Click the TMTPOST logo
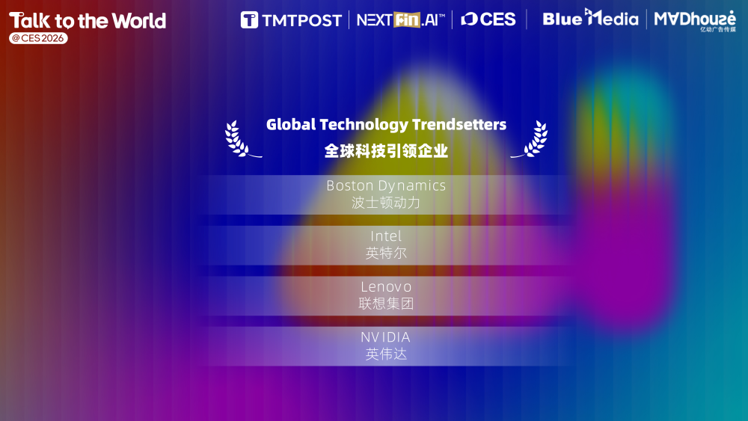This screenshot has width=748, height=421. coord(291,19)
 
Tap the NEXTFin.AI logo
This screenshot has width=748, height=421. coord(400,19)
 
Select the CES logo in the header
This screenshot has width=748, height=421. coord(488,19)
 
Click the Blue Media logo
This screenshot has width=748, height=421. coord(590,18)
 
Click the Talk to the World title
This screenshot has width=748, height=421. coord(87,20)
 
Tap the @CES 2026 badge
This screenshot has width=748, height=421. coord(38,38)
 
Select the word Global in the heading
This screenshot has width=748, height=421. coord(291,124)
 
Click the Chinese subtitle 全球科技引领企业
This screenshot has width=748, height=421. coord(386,150)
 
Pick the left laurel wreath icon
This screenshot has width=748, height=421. coord(239,139)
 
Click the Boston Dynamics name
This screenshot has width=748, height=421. coord(386,185)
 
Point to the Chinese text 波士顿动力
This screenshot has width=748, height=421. coord(386,203)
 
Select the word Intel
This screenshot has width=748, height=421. coord(386,236)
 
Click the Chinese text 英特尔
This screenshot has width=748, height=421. coord(386,253)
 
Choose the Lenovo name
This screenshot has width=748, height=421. coord(386,286)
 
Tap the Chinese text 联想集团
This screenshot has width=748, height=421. coord(386,304)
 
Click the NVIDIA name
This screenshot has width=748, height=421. coord(386,337)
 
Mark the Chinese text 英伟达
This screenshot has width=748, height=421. coord(386,354)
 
